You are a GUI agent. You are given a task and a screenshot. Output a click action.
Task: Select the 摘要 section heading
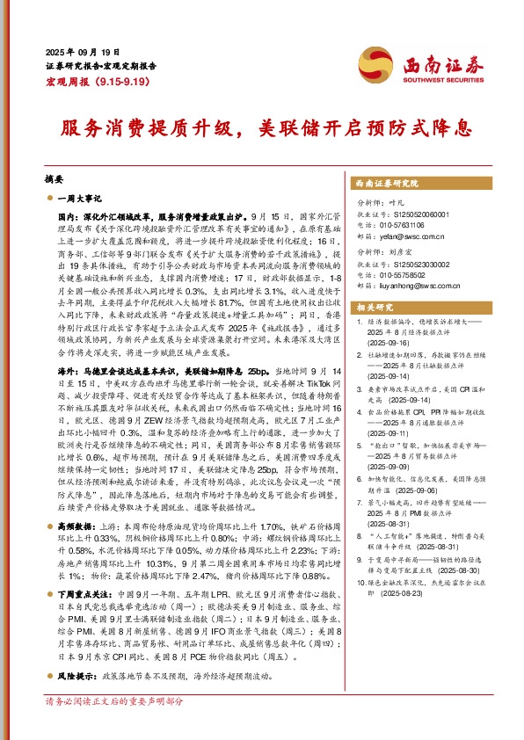click(54, 176)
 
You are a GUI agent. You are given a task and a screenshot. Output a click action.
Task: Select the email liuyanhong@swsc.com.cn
click(418, 284)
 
